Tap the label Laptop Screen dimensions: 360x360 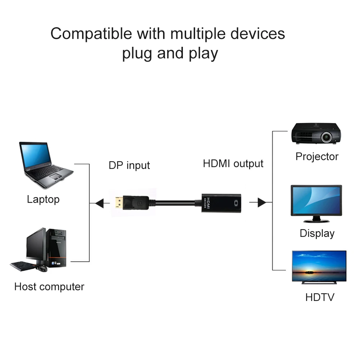click(43, 199)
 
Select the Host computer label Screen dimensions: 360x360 click(49, 287)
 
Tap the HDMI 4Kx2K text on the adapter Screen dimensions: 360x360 click(207, 204)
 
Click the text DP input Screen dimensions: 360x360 click(129, 165)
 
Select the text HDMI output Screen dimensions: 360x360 click(233, 163)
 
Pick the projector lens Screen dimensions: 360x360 click(327, 136)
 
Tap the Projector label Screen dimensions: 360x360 click(317, 157)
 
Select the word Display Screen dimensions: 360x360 click(317, 233)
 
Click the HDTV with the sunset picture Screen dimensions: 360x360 click(319, 266)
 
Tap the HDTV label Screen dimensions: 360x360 click(320, 297)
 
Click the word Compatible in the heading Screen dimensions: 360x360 click(91, 34)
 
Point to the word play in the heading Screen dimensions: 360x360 click(203, 54)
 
